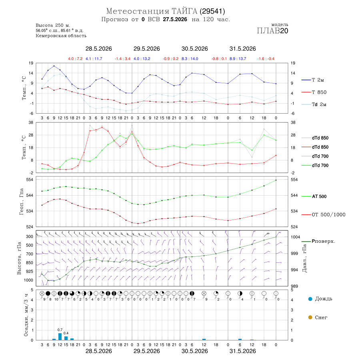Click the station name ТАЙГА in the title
click(184, 11)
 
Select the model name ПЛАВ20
click(272, 31)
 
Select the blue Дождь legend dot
click(310, 299)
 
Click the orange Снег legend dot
click(310, 317)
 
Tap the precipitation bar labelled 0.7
click(60, 336)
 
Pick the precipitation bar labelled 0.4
click(66, 338)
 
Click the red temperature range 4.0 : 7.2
click(75, 59)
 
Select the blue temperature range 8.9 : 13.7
click(238, 59)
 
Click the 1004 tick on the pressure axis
click(295, 237)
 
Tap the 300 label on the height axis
click(29, 236)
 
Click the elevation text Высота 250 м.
click(53, 25)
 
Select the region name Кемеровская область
click(61, 36)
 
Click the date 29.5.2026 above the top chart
click(147, 49)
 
